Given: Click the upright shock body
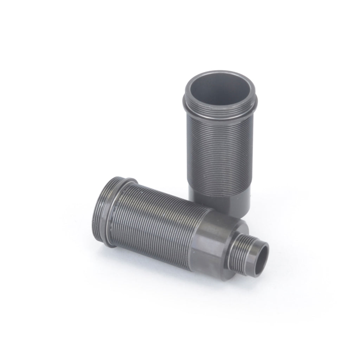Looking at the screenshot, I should [x=220, y=148].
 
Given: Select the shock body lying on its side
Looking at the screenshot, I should [x=169, y=225].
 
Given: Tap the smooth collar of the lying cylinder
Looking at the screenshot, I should [x=214, y=239].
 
